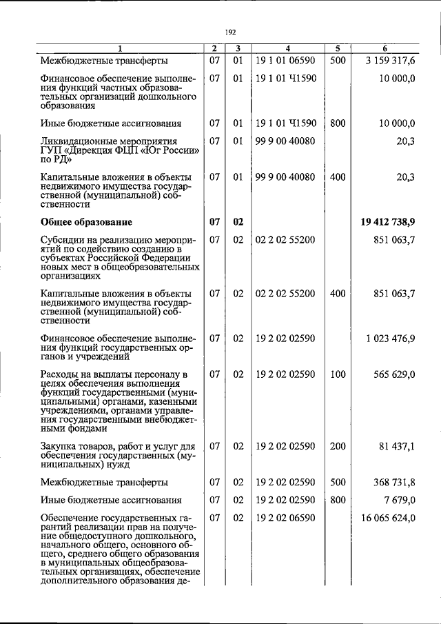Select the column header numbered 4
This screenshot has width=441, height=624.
pos(287,48)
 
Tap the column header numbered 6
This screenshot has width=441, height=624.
pos(384,48)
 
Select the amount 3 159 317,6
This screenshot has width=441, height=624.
pos(389,60)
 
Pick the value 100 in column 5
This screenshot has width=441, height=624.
pos(337,374)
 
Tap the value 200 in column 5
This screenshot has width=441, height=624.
pos(337,446)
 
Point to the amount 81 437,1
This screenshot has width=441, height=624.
pos(396,446)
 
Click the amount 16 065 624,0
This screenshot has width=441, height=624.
pos(387,518)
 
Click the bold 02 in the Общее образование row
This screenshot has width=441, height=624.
pos(238,222)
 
